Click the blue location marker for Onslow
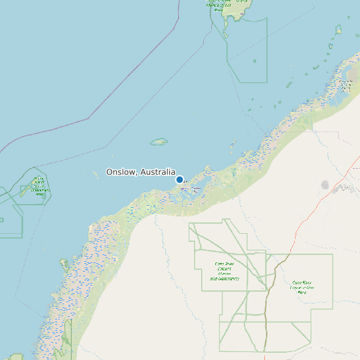click(x=179, y=179)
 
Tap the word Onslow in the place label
click(x=122, y=172)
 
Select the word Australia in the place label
click(x=158, y=172)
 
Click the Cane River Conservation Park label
click(x=302, y=287)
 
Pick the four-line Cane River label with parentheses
click(x=224, y=271)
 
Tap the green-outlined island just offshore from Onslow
click(x=159, y=141)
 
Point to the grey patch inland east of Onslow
click(x=325, y=184)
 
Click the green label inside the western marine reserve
click(x=40, y=185)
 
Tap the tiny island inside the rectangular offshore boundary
click(x=254, y=61)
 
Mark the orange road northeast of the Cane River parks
click(x=312, y=213)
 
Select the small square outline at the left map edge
click(x=1, y=220)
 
